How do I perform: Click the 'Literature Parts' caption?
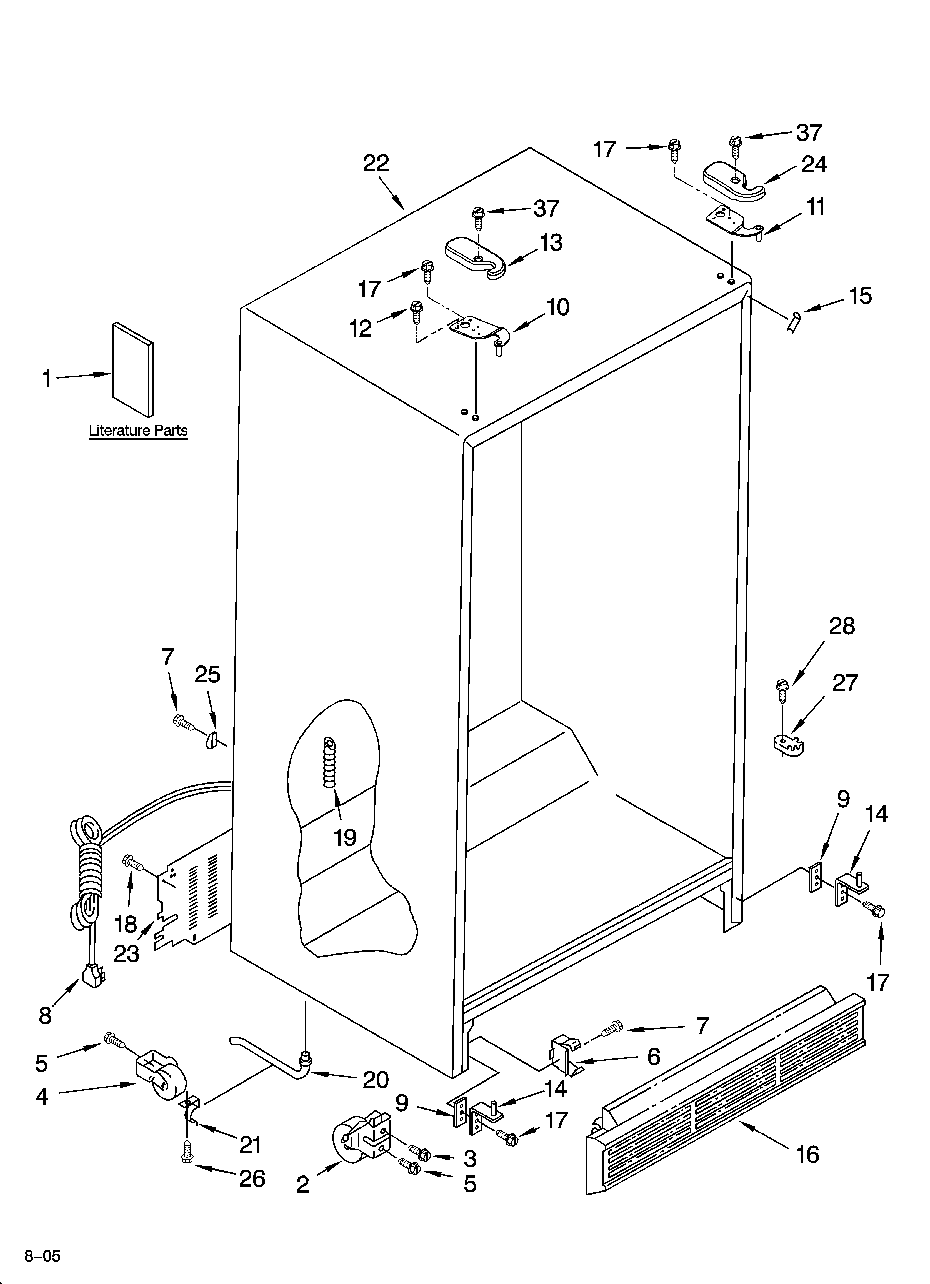pyautogui.click(x=138, y=431)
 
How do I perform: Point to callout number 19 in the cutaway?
pyautogui.click(x=345, y=837)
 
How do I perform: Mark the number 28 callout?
pyautogui.click(x=842, y=626)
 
